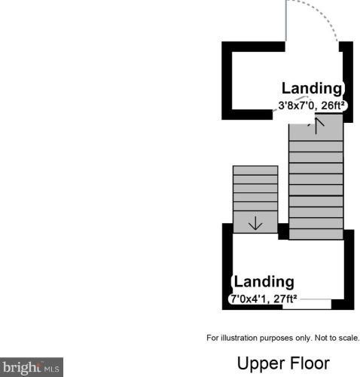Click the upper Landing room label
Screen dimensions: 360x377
pyautogui.click(x=312, y=88)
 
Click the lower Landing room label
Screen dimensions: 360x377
pyautogui.click(x=264, y=282)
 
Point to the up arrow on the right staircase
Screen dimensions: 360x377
pyautogui.click(x=316, y=126)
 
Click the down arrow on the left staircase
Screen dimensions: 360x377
pyautogui.click(x=255, y=223)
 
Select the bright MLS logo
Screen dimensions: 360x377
pyautogui.click(x=32, y=367)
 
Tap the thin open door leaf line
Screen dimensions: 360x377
pyautogui.click(x=286, y=20)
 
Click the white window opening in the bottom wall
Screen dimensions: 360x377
pyautogui.click(x=307, y=305)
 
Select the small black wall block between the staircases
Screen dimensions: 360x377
pyautogui.click(x=283, y=231)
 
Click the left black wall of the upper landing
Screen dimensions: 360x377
pyautogui.click(x=227, y=81)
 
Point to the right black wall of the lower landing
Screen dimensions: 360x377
pyautogui.click(x=349, y=269)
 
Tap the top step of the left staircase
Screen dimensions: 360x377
pyautogui.click(x=255, y=170)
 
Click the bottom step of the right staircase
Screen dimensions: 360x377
pyautogui.click(x=316, y=234)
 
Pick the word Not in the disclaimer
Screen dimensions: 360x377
pyautogui.click(x=322, y=338)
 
